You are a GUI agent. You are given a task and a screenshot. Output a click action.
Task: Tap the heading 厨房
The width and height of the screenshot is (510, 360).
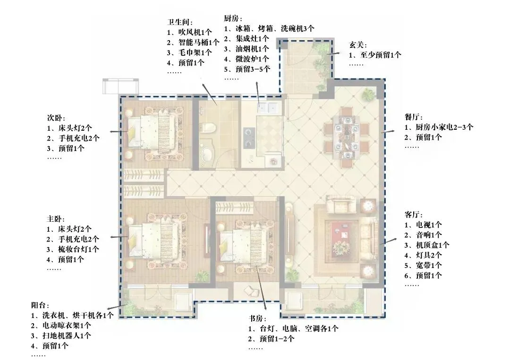[x=233, y=18]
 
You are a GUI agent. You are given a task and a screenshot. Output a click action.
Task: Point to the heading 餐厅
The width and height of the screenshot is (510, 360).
[x=413, y=117]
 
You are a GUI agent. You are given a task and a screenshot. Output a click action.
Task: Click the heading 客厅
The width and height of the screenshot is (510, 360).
[x=413, y=214]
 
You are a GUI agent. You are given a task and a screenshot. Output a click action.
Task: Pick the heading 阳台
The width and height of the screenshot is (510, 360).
[x=40, y=305]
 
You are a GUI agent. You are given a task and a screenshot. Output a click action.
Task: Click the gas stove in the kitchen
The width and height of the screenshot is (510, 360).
[x=248, y=134]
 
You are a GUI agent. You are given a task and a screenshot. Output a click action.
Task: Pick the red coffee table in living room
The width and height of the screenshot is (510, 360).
[x=343, y=231]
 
